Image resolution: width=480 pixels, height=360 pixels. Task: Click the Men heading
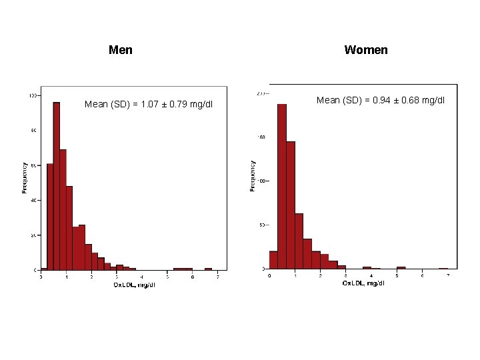120,50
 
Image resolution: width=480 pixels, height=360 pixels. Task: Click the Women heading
365,50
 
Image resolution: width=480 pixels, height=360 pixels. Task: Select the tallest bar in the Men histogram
57,187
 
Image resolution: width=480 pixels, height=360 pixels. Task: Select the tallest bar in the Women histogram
281,187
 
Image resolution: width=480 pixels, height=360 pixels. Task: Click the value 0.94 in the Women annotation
382,101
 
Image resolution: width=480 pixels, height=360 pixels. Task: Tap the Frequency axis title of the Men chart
25,178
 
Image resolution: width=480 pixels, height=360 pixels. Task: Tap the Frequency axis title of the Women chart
253,175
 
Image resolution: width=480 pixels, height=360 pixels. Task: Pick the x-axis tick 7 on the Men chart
217,277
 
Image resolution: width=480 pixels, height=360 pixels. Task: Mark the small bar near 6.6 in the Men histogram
208,269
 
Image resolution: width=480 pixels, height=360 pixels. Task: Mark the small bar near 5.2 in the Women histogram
401,267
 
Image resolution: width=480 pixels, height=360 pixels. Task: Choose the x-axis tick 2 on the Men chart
91,277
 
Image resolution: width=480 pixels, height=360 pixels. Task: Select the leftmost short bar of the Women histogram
273,260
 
